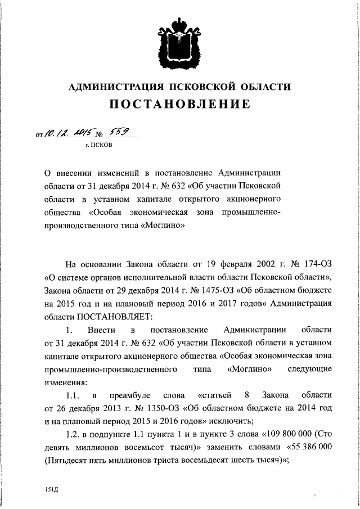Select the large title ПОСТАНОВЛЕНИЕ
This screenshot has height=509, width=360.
click(x=179, y=105)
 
